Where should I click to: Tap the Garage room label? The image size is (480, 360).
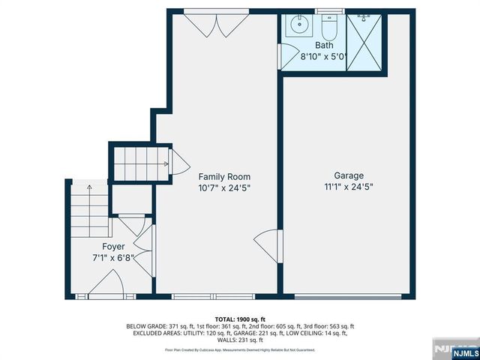click(349, 175)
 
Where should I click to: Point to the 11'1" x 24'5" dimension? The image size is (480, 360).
click(349, 188)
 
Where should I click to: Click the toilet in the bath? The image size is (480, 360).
click(328, 28)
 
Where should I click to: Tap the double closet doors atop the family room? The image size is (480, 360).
click(216, 24)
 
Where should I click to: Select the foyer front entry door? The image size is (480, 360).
click(106, 284)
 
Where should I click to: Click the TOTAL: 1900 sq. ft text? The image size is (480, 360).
click(240, 319)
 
